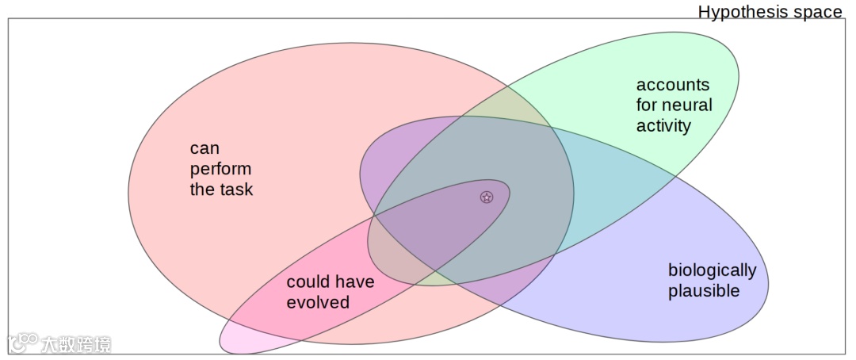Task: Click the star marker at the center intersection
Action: [x=487, y=197]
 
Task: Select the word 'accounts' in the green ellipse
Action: [x=673, y=85]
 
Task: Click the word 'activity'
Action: [x=663, y=125]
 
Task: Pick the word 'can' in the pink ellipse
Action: [x=204, y=148]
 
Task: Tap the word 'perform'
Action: [x=220, y=169]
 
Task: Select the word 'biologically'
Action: [x=712, y=270]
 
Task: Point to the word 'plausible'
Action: [x=703, y=291]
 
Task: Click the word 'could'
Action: [x=308, y=282]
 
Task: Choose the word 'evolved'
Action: [x=318, y=303]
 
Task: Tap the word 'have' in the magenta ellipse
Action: [x=354, y=282]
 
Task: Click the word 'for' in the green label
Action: [x=647, y=105]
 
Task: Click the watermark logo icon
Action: [x=22, y=343]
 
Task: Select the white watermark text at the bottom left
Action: [x=76, y=344]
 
